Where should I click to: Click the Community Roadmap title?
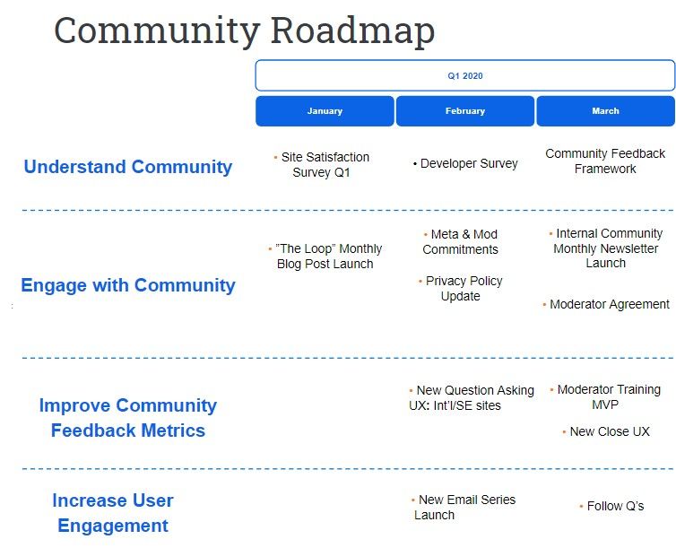pyautogui.click(x=245, y=31)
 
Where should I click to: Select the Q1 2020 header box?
pyautogui.click(x=464, y=75)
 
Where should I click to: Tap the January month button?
pyautogui.click(x=325, y=111)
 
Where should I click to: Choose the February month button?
pyautogui.click(x=465, y=111)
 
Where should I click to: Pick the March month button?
pyautogui.click(x=605, y=111)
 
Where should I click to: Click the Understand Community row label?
pyautogui.click(x=128, y=167)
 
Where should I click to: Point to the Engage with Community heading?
pyautogui.click(x=128, y=285)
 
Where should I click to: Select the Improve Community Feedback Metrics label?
pyautogui.click(x=128, y=418)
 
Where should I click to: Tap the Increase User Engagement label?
pyautogui.click(x=113, y=513)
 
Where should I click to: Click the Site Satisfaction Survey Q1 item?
pyautogui.click(x=322, y=165)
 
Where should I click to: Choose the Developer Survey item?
pyautogui.click(x=465, y=164)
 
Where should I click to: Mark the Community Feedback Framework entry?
pyautogui.click(x=605, y=161)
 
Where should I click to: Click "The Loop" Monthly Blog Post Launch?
pyautogui.click(x=325, y=257)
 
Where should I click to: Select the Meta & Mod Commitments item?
pyautogui.click(x=461, y=242)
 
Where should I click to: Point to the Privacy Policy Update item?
pyautogui.click(x=461, y=289)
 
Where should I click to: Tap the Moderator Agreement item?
pyautogui.click(x=606, y=304)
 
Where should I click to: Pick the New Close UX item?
pyautogui.click(x=606, y=431)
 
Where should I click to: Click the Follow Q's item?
pyautogui.click(x=611, y=506)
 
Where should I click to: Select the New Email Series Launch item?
pyautogui.click(x=464, y=507)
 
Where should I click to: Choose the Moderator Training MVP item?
pyautogui.click(x=605, y=397)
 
